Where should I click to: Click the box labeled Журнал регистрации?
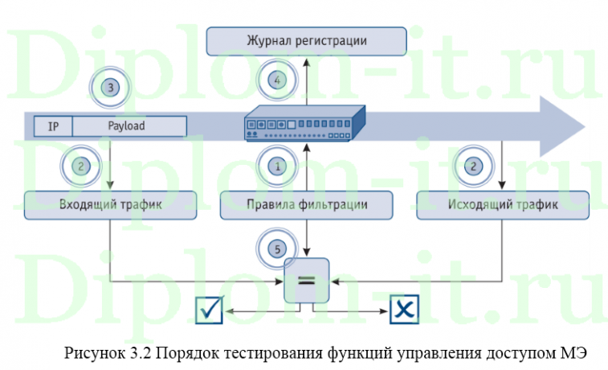[306, 40]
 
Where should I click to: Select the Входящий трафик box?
[111, 204]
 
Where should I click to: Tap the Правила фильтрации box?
[307, 204]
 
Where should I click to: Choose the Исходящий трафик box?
[502, 204]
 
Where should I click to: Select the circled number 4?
[277, 80]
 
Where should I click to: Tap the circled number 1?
[278, 166]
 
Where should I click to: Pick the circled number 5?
[278, 249]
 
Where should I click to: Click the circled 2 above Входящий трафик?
[80, 166]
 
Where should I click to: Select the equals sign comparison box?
[308, 281]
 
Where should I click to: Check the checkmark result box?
[209, 310]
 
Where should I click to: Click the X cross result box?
[405, 310]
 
